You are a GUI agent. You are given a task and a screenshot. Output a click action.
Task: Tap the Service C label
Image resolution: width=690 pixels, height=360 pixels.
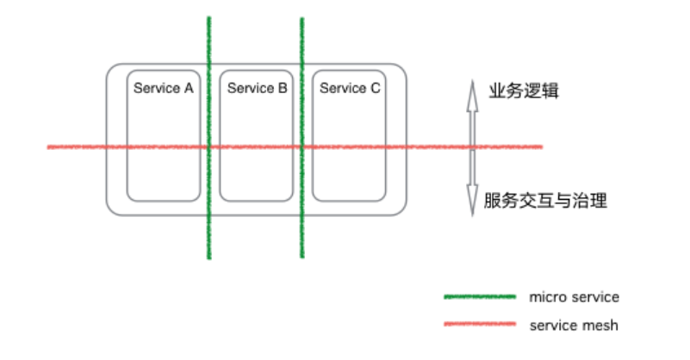pos(350,88)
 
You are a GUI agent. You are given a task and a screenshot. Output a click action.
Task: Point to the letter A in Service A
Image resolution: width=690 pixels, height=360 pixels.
pos(189,88)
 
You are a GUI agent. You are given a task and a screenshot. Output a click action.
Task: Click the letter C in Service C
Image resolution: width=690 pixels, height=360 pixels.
pos(376,88)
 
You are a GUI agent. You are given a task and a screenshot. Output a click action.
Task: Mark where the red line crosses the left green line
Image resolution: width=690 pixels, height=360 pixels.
pos(208,147)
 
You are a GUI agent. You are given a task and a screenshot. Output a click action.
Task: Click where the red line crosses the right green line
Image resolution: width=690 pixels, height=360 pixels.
pos(301,147)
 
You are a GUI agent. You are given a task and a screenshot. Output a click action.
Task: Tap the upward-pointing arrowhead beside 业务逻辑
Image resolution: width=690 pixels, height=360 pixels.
pos(472,87)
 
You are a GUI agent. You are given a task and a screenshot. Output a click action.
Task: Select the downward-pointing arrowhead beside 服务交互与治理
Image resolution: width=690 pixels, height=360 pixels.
pos(472,207)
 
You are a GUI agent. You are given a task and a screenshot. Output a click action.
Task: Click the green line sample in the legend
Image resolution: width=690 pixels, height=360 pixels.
pos(479,297)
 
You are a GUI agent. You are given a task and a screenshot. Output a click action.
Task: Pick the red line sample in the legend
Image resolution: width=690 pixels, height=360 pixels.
pos(479,325)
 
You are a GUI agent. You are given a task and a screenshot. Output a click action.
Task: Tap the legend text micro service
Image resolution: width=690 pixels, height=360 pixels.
pos(574,297)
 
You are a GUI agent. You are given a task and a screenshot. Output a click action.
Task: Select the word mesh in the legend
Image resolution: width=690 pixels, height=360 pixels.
pos(601,325)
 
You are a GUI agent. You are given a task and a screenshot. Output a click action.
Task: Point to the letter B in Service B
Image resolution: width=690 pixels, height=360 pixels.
pos(283,88)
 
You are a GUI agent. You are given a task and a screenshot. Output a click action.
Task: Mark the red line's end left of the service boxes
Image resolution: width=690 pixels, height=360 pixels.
pos(48,147)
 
